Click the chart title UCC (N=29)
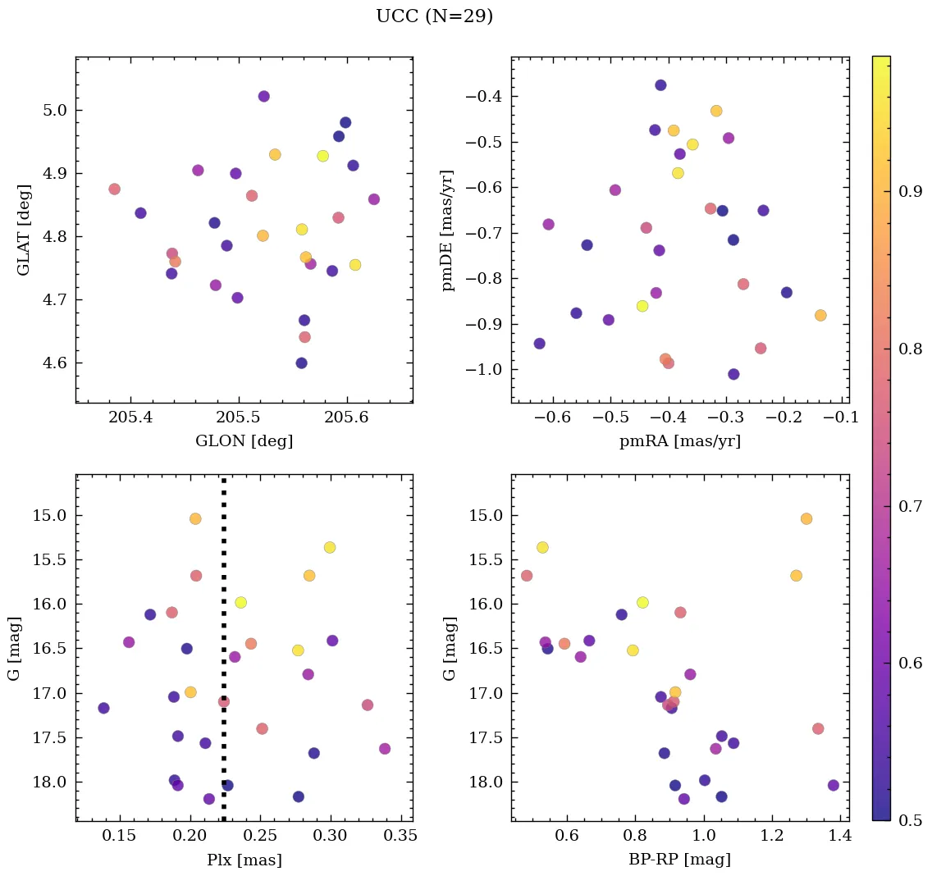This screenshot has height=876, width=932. click(x=434, y=16)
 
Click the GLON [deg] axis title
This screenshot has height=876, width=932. click(x=244, y=441)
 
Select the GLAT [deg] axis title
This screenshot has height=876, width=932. click(x=24, y=230)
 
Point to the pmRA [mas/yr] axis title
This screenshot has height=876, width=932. click(x=679, y=441)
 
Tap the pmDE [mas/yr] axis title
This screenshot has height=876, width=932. click(x=448, y=230)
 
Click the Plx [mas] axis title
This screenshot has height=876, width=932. click(x=244, y=860)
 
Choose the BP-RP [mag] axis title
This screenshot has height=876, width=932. click(x=679, y=860)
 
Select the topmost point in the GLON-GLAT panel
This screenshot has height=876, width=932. click(x=263, y=96)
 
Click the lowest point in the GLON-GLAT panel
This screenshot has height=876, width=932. click(x=301, y=363)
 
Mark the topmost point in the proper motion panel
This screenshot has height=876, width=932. click(x=660, y=85)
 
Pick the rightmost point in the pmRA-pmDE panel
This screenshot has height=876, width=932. click(x=820, y=316)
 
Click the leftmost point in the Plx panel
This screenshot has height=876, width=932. click(x=103, y=708)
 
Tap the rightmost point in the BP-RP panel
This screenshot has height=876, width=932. click(x=834, y=785)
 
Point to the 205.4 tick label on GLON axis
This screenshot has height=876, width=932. click(x=130, y=418)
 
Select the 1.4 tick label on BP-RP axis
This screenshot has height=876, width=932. click(x=840, y=837)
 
